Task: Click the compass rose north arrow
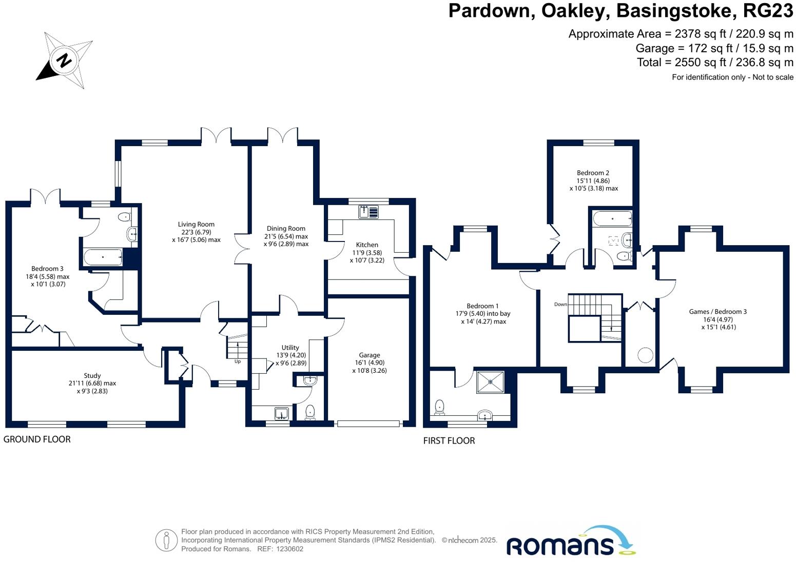64,61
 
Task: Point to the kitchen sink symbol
368,211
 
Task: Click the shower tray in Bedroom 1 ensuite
491,382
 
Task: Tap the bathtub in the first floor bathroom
612,219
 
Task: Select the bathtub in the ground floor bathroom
103,257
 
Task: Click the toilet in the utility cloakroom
310,411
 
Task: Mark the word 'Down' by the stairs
560,304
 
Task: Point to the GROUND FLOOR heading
37,439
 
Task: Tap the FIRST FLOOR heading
449,440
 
